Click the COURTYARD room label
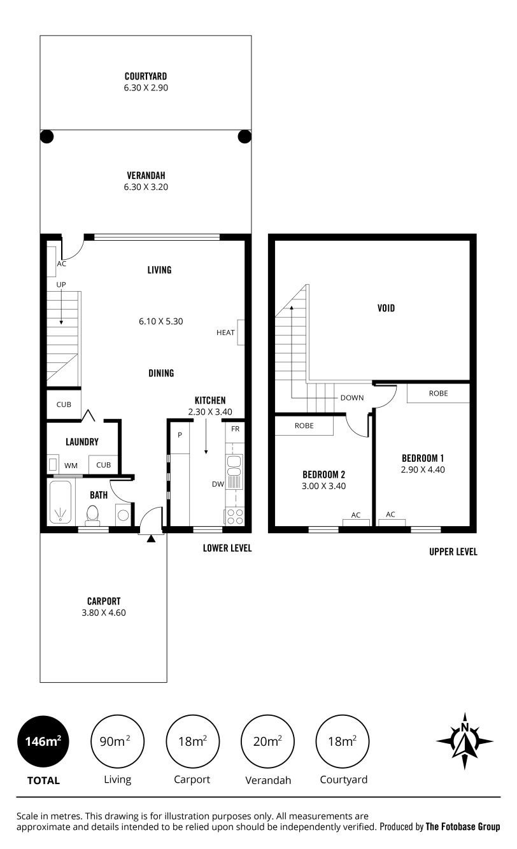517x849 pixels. [146, 76]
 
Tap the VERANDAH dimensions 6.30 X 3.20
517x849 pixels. [146, 187]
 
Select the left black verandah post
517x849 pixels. [47, 136]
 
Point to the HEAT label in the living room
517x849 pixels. [225, 332]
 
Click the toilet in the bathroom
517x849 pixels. [92, 515]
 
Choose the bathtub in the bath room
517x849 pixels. [60, 503]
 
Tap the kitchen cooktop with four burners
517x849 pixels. [235, 517]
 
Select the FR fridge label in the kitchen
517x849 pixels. [235, 429]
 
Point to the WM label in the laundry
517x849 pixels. [71, 466]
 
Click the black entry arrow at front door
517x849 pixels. [151, 538]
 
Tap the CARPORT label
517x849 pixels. [104, 601]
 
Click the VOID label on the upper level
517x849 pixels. [386, 308]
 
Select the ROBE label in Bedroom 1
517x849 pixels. [438, 394]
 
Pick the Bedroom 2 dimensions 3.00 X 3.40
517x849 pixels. [324, 486]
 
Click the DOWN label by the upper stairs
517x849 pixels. [352, 398]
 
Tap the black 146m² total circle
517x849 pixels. [43, 741]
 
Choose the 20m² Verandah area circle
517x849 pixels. [267, 741]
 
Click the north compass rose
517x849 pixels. [465, 741]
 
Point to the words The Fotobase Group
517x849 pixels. [463, 827]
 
